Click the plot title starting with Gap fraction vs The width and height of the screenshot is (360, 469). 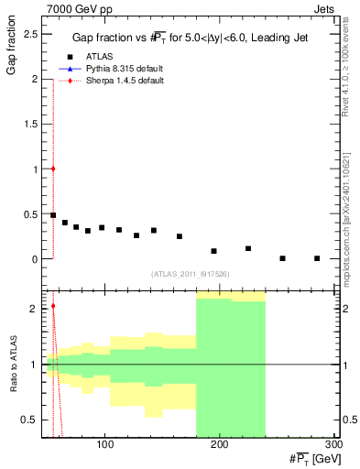click(189, 38)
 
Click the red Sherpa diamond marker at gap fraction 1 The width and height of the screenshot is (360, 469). click(53, 169)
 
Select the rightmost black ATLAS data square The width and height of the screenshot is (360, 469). click(317, 258)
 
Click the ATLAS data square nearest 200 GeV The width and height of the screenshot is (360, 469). click(214, 251)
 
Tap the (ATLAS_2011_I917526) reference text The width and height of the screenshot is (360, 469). click(189, 274)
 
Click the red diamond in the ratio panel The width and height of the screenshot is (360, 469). click(53, 306)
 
